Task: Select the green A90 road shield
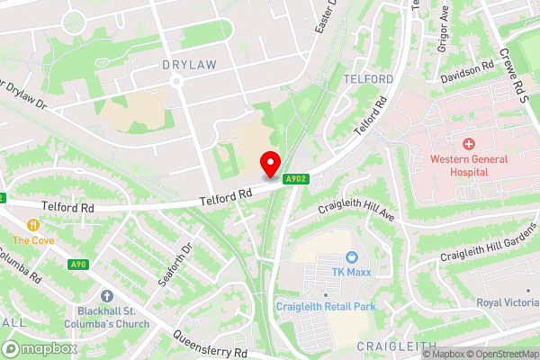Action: pos(77,265)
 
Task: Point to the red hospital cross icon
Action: pos(469,144)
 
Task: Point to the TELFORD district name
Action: pos(369,79)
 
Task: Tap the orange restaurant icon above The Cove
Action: pos(33,224)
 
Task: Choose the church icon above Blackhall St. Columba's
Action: pos(107,295)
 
